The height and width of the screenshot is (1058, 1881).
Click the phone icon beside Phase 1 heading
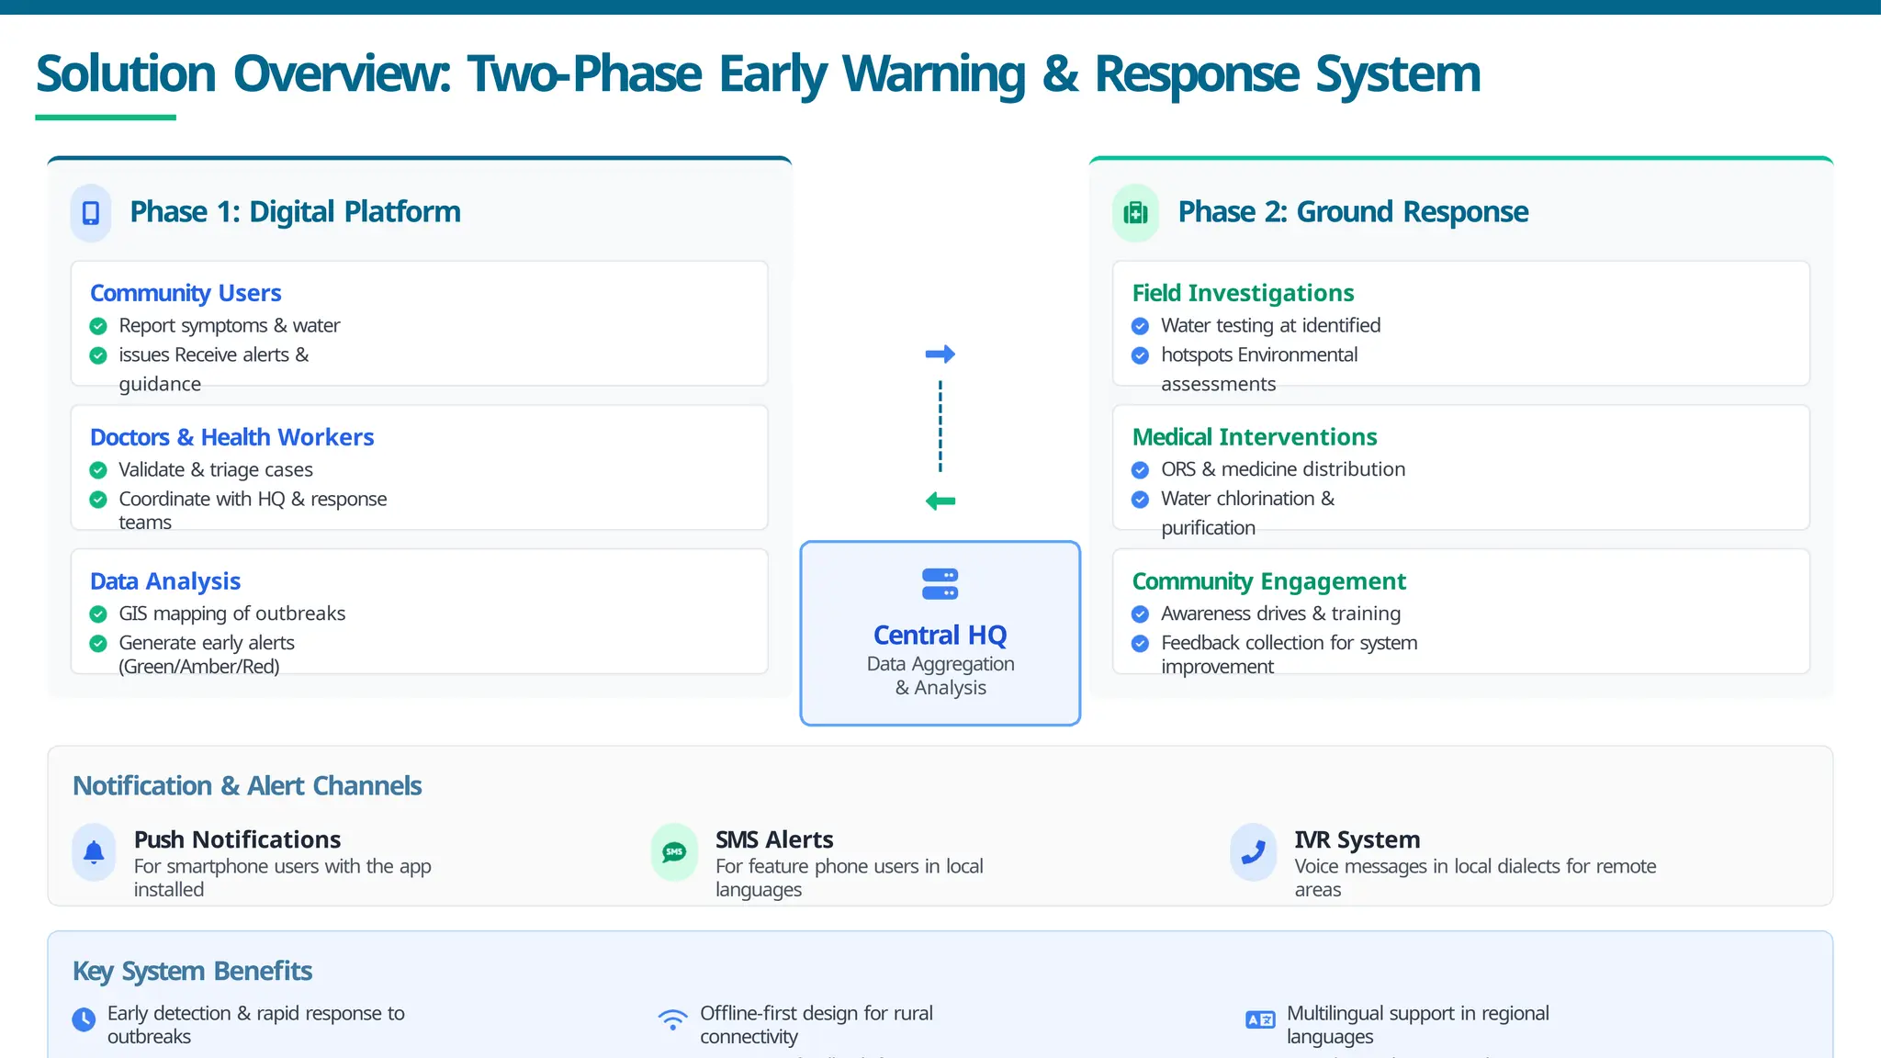(91, 213)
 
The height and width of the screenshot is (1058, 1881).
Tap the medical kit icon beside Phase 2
(1136, 213)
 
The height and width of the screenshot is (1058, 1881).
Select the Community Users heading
(186, 293)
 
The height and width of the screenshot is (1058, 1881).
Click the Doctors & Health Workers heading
(231, 437)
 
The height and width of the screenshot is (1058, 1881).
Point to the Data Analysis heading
(165, 581)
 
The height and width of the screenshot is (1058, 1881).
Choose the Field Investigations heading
(1243, 293)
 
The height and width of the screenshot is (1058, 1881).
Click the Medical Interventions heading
(1255, 437)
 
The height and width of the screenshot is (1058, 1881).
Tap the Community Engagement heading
(1268, 581)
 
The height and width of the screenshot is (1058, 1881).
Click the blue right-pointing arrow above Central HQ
(940, 354)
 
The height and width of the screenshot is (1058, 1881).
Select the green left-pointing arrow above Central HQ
(940, 501)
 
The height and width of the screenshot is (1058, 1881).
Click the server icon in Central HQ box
(940, 584)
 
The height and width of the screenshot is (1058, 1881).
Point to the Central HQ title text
(940, 635)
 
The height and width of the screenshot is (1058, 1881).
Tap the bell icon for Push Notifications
(94, 852)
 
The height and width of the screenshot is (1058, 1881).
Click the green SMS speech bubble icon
(674, 852)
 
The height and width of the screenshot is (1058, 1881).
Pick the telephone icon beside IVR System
(1253, 852)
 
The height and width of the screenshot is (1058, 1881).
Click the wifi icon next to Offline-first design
(672, 1019)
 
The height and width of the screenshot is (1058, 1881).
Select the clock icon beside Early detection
(84, 1019)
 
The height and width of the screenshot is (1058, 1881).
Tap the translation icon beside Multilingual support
(1259, 1019)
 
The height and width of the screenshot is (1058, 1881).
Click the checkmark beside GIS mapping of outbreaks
(98, 614)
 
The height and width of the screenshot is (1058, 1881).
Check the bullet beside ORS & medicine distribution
(1140, 470)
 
